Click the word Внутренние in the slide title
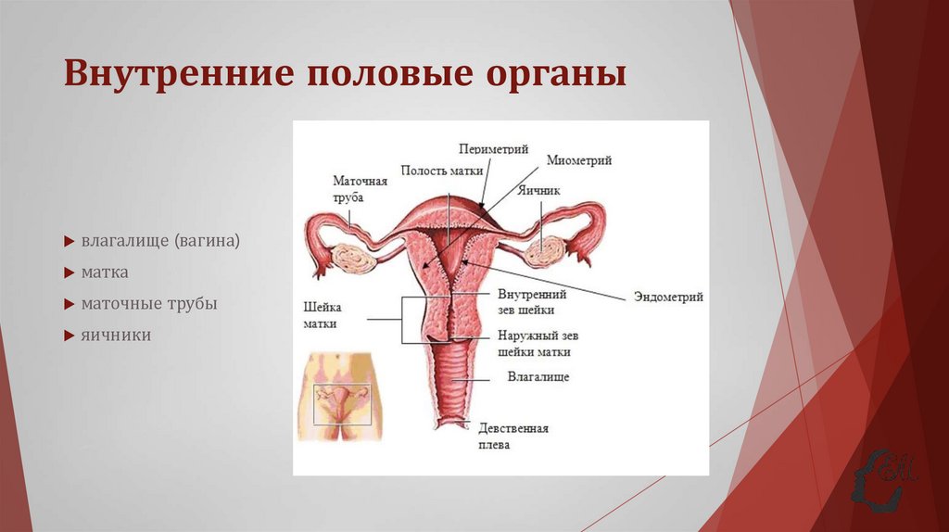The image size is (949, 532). coord(175,74)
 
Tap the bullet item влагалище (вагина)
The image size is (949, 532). coord(160,241)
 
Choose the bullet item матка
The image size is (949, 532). coord(104,272)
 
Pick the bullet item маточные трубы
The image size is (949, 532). coord(148,303)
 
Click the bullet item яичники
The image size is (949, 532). coord(115,335)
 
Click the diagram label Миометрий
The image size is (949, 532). coord(578,160)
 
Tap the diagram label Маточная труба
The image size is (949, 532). coord(360,189)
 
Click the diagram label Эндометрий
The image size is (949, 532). coord(668,297)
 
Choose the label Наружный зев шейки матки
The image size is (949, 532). coord(532,344)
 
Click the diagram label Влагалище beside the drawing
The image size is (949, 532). coord(538,377)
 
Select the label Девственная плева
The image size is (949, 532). coord(513,436)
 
